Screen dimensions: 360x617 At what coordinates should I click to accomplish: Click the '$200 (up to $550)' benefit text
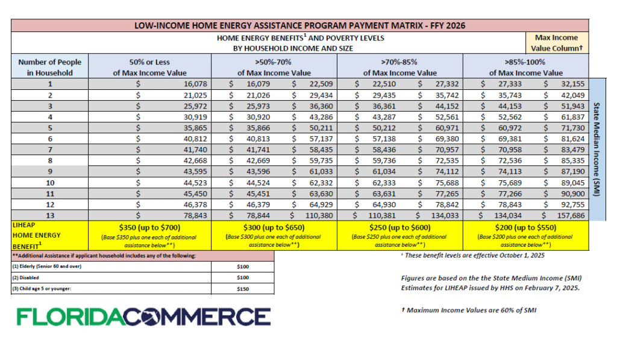click(525, 228)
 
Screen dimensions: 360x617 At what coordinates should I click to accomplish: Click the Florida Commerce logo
click(143, 317)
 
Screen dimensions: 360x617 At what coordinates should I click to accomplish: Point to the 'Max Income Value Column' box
click(556, 43)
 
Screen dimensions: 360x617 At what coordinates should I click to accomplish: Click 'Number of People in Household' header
click(50, 67)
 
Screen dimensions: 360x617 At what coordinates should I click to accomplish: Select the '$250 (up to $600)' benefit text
click(400, 228)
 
